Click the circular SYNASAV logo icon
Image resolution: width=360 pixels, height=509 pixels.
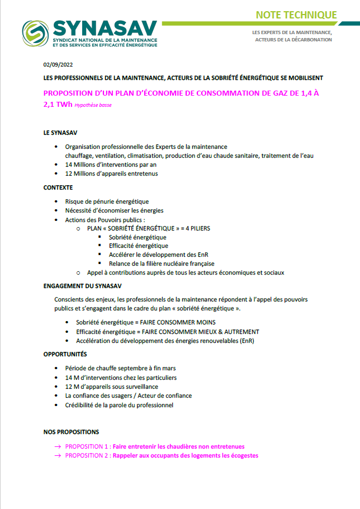coord(35,33)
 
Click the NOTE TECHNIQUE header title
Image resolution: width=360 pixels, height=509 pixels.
coord(296,15)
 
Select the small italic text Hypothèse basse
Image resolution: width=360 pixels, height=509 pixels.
coord(92,105)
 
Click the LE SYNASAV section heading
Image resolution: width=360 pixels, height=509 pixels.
coord(60,133)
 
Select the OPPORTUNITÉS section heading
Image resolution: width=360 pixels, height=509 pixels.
coord(65,354)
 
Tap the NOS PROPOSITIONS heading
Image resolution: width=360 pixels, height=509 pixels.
coord(71,432)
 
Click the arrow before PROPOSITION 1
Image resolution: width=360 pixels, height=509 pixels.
coord(58,446)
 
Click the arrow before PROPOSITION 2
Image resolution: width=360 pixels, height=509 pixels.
coord(58,455)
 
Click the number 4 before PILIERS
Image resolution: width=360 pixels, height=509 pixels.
coord(182,228)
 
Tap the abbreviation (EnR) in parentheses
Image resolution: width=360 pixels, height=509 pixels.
coord(246,340)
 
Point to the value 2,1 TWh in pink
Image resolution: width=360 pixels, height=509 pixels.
coord(59,104)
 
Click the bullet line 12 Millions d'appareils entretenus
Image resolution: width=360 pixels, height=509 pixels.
coord(111,173)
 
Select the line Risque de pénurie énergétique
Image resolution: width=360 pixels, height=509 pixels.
coord(107,201)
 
